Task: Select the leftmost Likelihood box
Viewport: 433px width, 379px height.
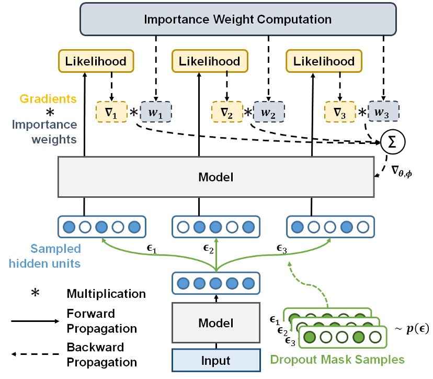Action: click(96, 61)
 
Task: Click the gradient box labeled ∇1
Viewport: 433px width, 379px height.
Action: click(111, 112)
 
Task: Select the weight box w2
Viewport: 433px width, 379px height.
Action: click(269, 112)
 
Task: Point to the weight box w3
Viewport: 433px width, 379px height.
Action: click(384, 112)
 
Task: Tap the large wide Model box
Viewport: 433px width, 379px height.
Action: click(215, 177)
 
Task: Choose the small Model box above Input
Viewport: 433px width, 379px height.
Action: click(215, 323)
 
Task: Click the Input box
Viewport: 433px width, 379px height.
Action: click(215, 361)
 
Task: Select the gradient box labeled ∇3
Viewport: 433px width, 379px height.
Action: click(340, 112)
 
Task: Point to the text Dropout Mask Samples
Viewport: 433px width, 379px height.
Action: click(338, 360)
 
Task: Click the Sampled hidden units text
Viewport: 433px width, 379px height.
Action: click(55, 255)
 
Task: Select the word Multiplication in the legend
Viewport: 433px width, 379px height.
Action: click(106, 293)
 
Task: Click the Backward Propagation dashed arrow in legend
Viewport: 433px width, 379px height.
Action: click(35, 354)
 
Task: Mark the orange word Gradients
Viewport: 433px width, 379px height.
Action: click(49, 98)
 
